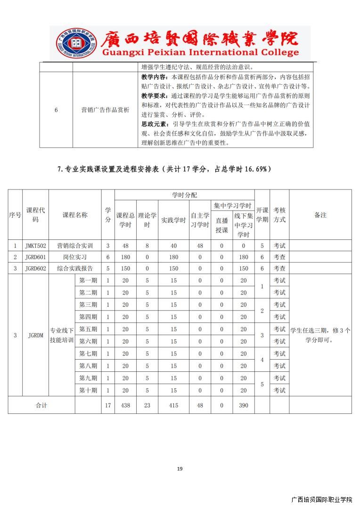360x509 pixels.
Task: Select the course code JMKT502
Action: click(x=35, y=246)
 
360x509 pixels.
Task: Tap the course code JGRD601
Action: click(x=35, y=257)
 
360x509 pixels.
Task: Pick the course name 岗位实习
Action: click(x=75, y=257)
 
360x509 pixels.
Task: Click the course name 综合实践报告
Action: click(x=75, y=269)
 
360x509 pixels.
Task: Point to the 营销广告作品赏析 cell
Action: click(x=105, y=110)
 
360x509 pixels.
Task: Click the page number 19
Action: click(x=180, y=468)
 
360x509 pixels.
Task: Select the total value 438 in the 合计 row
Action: click(x=125, y=405)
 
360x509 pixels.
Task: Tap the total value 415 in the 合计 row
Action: click(x=173, y=405)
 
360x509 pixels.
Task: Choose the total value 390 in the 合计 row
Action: click(x=243, y=405)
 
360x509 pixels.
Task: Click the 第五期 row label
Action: click(x=88, y=329)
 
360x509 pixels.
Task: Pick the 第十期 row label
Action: click(x=88, y=390)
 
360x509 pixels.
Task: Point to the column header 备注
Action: click(x=320, y=215)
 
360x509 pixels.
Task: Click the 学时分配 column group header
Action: click(x=184, y=195)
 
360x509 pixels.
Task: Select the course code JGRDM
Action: click(x=35, y=336)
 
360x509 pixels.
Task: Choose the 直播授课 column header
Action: click(x=221, y=225)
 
